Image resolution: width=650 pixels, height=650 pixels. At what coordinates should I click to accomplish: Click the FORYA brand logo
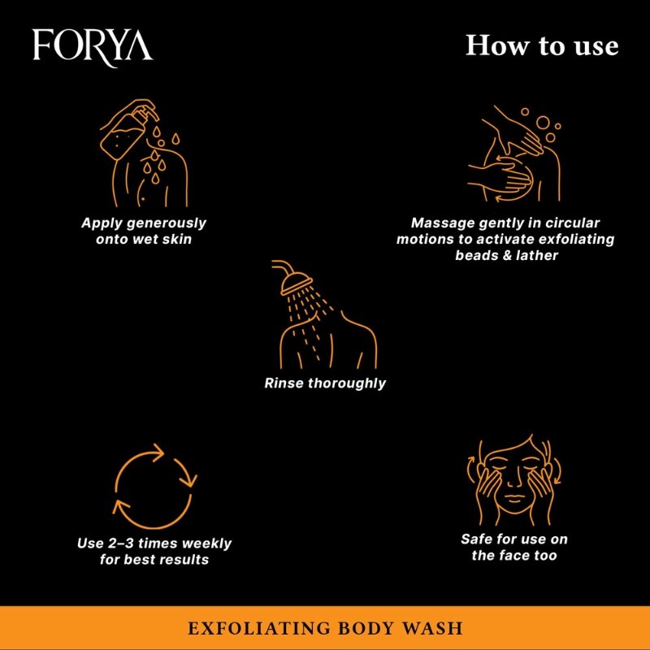point(92,45)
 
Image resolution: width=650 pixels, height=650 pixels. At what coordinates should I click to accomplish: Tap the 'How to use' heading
point(541,45)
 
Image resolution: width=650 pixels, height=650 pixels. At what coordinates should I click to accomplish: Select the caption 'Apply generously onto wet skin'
point(143,231)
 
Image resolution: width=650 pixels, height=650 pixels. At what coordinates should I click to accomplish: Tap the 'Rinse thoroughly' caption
point(325,383)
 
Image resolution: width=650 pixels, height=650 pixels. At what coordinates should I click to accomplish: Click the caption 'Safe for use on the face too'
point(513,548)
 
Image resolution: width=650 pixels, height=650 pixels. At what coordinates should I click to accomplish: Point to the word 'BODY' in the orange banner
point(354,629)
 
